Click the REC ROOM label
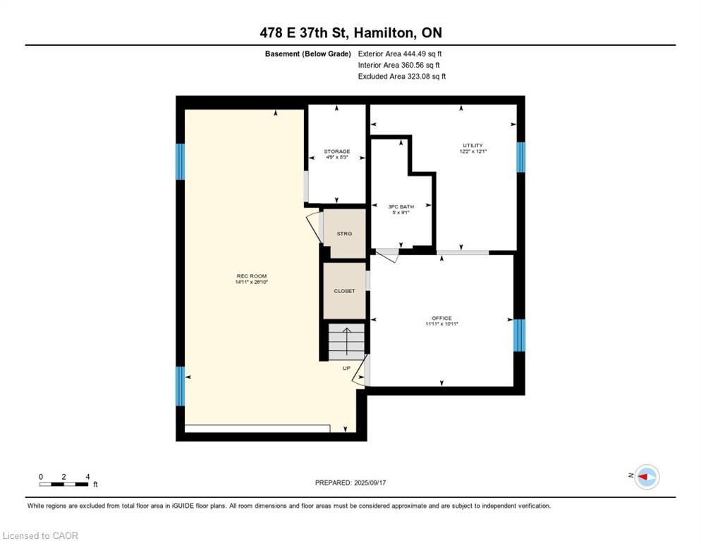tap(252, 278)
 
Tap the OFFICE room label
tap(441, 321)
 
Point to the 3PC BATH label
tap(401, 209)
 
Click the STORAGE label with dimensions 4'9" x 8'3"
tap(336, 154)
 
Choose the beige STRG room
tap(343, 233)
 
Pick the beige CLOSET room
tap(344, 290)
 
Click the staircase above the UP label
tap(346, 342)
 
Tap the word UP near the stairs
tap(346, 368)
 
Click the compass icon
tap(646, 477)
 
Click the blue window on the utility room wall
tap(520, 157)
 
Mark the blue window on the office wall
tap(519, 335)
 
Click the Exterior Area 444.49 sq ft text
tap(400, 54)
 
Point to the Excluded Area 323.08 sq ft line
tap(401, 76)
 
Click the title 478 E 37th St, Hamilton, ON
tap(350, 32)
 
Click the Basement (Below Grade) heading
tap(307, 54)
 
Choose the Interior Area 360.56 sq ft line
tap(399, 65)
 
